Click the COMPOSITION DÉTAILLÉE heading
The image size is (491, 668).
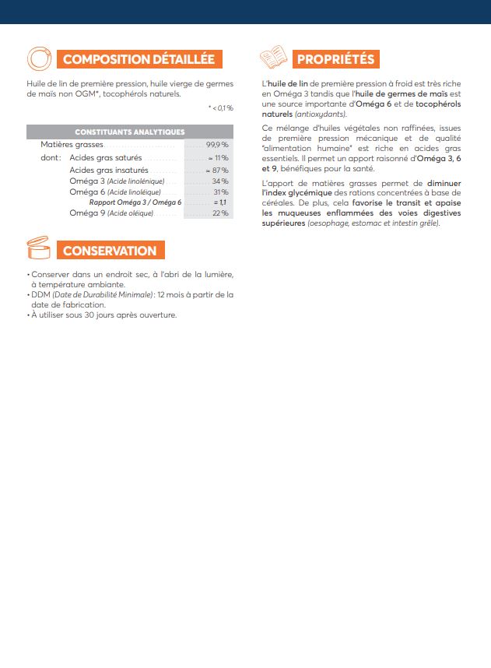(x=139, y=59)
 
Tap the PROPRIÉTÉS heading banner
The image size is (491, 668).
(x=336, y=59)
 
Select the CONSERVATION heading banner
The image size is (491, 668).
(x=110, y=251)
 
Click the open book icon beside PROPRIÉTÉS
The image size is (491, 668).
(x=272, y=58)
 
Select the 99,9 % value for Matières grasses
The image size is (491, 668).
(x=217, y=145)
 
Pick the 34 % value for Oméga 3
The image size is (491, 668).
(x=220, y=181)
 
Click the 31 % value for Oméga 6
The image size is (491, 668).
(x=220, y=192)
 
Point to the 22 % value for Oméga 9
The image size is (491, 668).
(x=220, y=213)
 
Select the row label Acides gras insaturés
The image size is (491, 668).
(x=108, y=170)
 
